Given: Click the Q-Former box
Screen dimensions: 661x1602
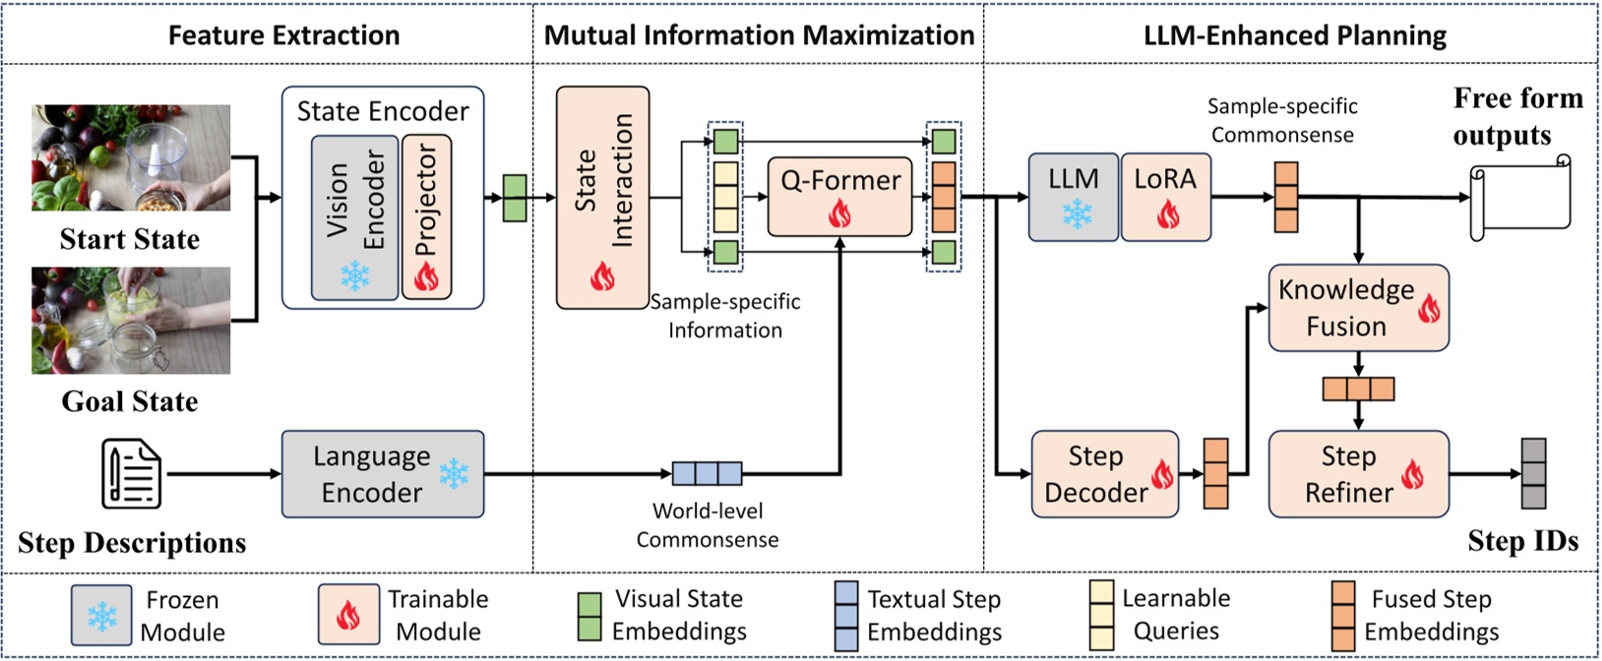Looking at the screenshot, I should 839,196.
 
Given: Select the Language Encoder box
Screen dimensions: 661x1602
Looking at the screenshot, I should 383,474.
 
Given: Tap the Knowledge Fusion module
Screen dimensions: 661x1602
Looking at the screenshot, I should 1358,308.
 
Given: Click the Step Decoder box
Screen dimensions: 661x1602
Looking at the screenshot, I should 1104,474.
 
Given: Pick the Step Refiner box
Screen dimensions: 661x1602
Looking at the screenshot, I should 1358,474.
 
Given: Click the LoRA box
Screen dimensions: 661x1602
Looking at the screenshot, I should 1166,197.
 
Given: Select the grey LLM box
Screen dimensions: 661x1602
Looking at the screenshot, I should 1074,197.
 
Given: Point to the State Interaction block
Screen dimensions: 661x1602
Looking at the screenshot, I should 602,197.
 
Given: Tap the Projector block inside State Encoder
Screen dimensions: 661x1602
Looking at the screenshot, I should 426,216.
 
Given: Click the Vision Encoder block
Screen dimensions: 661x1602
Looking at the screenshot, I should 354,216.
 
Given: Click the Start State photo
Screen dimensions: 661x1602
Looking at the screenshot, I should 131,157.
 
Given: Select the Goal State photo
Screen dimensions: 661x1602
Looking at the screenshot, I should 131,321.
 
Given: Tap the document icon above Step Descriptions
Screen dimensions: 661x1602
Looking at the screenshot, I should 132,474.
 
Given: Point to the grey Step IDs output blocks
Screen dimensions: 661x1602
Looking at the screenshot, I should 1533,474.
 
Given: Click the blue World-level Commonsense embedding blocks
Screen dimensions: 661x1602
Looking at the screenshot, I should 707,474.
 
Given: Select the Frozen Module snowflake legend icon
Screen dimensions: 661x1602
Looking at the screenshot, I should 101,616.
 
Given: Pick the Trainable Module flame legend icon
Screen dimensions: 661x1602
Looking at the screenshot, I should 348,616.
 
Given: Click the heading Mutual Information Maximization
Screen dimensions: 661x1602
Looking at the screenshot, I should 759,35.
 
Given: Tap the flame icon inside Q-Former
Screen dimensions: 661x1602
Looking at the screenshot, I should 839,213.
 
